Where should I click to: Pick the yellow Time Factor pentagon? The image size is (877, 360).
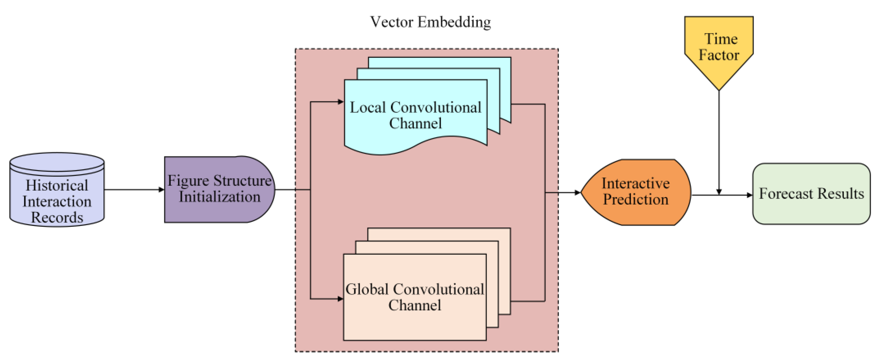719,48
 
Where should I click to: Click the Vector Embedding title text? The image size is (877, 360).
430,22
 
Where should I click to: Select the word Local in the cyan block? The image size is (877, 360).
368,107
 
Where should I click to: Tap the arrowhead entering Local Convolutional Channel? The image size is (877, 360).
340,102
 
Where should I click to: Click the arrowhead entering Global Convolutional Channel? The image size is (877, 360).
340,299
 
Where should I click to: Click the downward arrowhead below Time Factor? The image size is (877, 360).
719,192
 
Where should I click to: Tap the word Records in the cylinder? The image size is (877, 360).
57,217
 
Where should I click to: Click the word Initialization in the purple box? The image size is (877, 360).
219,197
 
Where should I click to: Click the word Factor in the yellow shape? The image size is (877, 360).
719,55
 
